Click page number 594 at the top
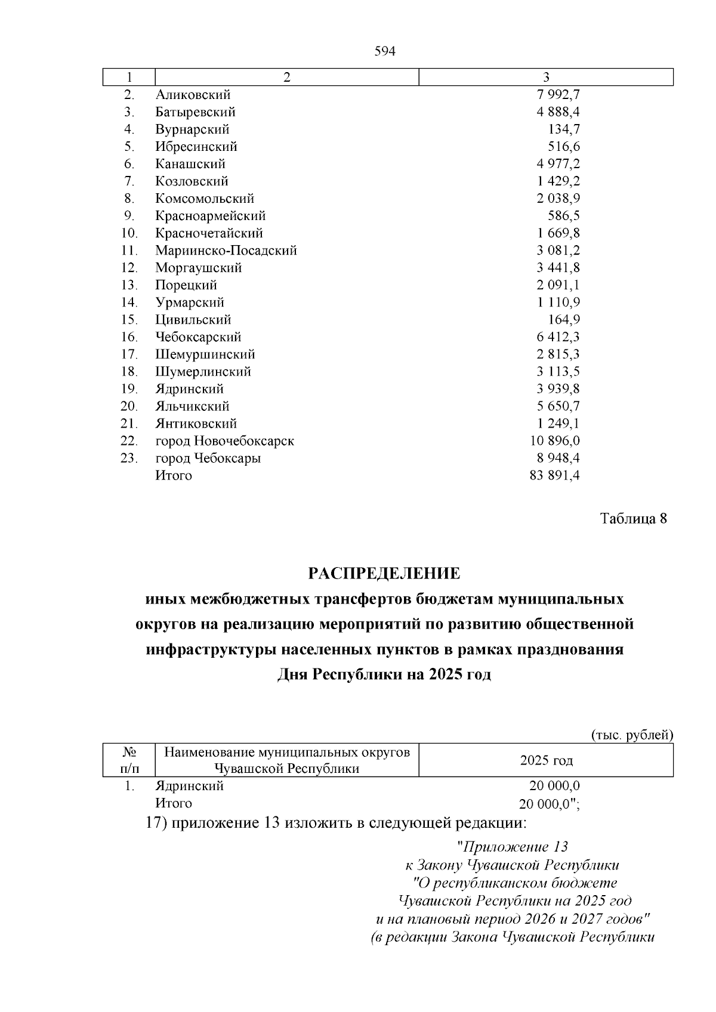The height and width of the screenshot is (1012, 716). [385, 51]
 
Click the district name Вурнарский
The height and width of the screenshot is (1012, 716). [192, 129]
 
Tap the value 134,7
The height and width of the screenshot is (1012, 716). [564, 129]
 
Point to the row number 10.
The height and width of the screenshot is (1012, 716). [129, 233]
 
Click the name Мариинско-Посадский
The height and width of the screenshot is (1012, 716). [226, 250]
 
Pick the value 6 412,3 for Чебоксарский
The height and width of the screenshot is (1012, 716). [558, 337]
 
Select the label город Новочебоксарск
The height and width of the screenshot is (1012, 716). [224, 441]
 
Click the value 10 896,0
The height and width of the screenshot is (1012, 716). [554, 441]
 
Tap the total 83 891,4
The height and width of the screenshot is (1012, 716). [554, 475]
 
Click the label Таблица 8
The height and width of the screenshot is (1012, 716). [632, 518]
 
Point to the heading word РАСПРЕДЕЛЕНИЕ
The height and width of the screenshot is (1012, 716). [384, 574]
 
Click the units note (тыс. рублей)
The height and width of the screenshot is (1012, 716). [632, 735]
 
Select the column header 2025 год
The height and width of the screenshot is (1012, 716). [546, 760]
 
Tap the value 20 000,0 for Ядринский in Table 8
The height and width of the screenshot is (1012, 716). [554, 786]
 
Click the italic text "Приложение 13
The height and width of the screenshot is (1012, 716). [511, 847]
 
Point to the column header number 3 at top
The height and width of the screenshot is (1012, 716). [546, 78]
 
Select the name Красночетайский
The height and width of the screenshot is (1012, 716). [209, 233]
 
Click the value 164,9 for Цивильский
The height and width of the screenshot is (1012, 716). [564, 320]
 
